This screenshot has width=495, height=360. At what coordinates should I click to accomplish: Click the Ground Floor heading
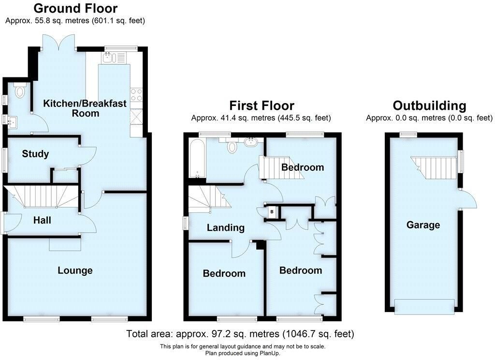pyautogui.click(x=75, y=8)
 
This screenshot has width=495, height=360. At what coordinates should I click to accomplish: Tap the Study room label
pyautogui.click(x=35, y=154)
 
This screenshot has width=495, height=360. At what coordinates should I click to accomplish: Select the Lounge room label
pyautogui.click(x=75, y=270)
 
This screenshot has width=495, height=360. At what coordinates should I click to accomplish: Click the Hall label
pyautogui.click(x=42, y=220)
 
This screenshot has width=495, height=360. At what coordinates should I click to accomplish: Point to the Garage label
pyautogui.click(x=423, y=225)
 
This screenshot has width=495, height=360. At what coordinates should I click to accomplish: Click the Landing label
pyautogui.click(x=225, y=227)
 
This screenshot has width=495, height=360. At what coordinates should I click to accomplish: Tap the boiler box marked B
pyautogui.click(x=272, y=212)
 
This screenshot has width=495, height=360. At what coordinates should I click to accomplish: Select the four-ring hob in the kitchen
pyautogui.click(x=136, y=95)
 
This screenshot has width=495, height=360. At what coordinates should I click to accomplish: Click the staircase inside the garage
pyautogui.click(x=434, y=167)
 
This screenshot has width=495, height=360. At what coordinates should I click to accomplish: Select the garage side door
pyautogui.click(x=467, y=199)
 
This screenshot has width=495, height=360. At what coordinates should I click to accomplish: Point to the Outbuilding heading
pyautogui.click(x=429, y=105)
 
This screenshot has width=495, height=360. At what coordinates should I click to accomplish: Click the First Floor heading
pyautogui.click(x=262, y=105)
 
